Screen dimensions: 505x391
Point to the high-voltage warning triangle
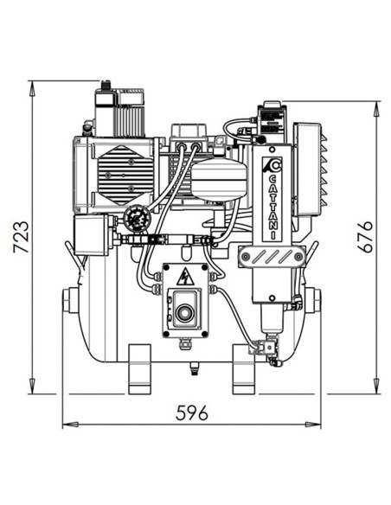(184, 278)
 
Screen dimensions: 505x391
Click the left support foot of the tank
(140, 368)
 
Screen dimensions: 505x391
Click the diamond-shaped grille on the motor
(121, 168)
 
